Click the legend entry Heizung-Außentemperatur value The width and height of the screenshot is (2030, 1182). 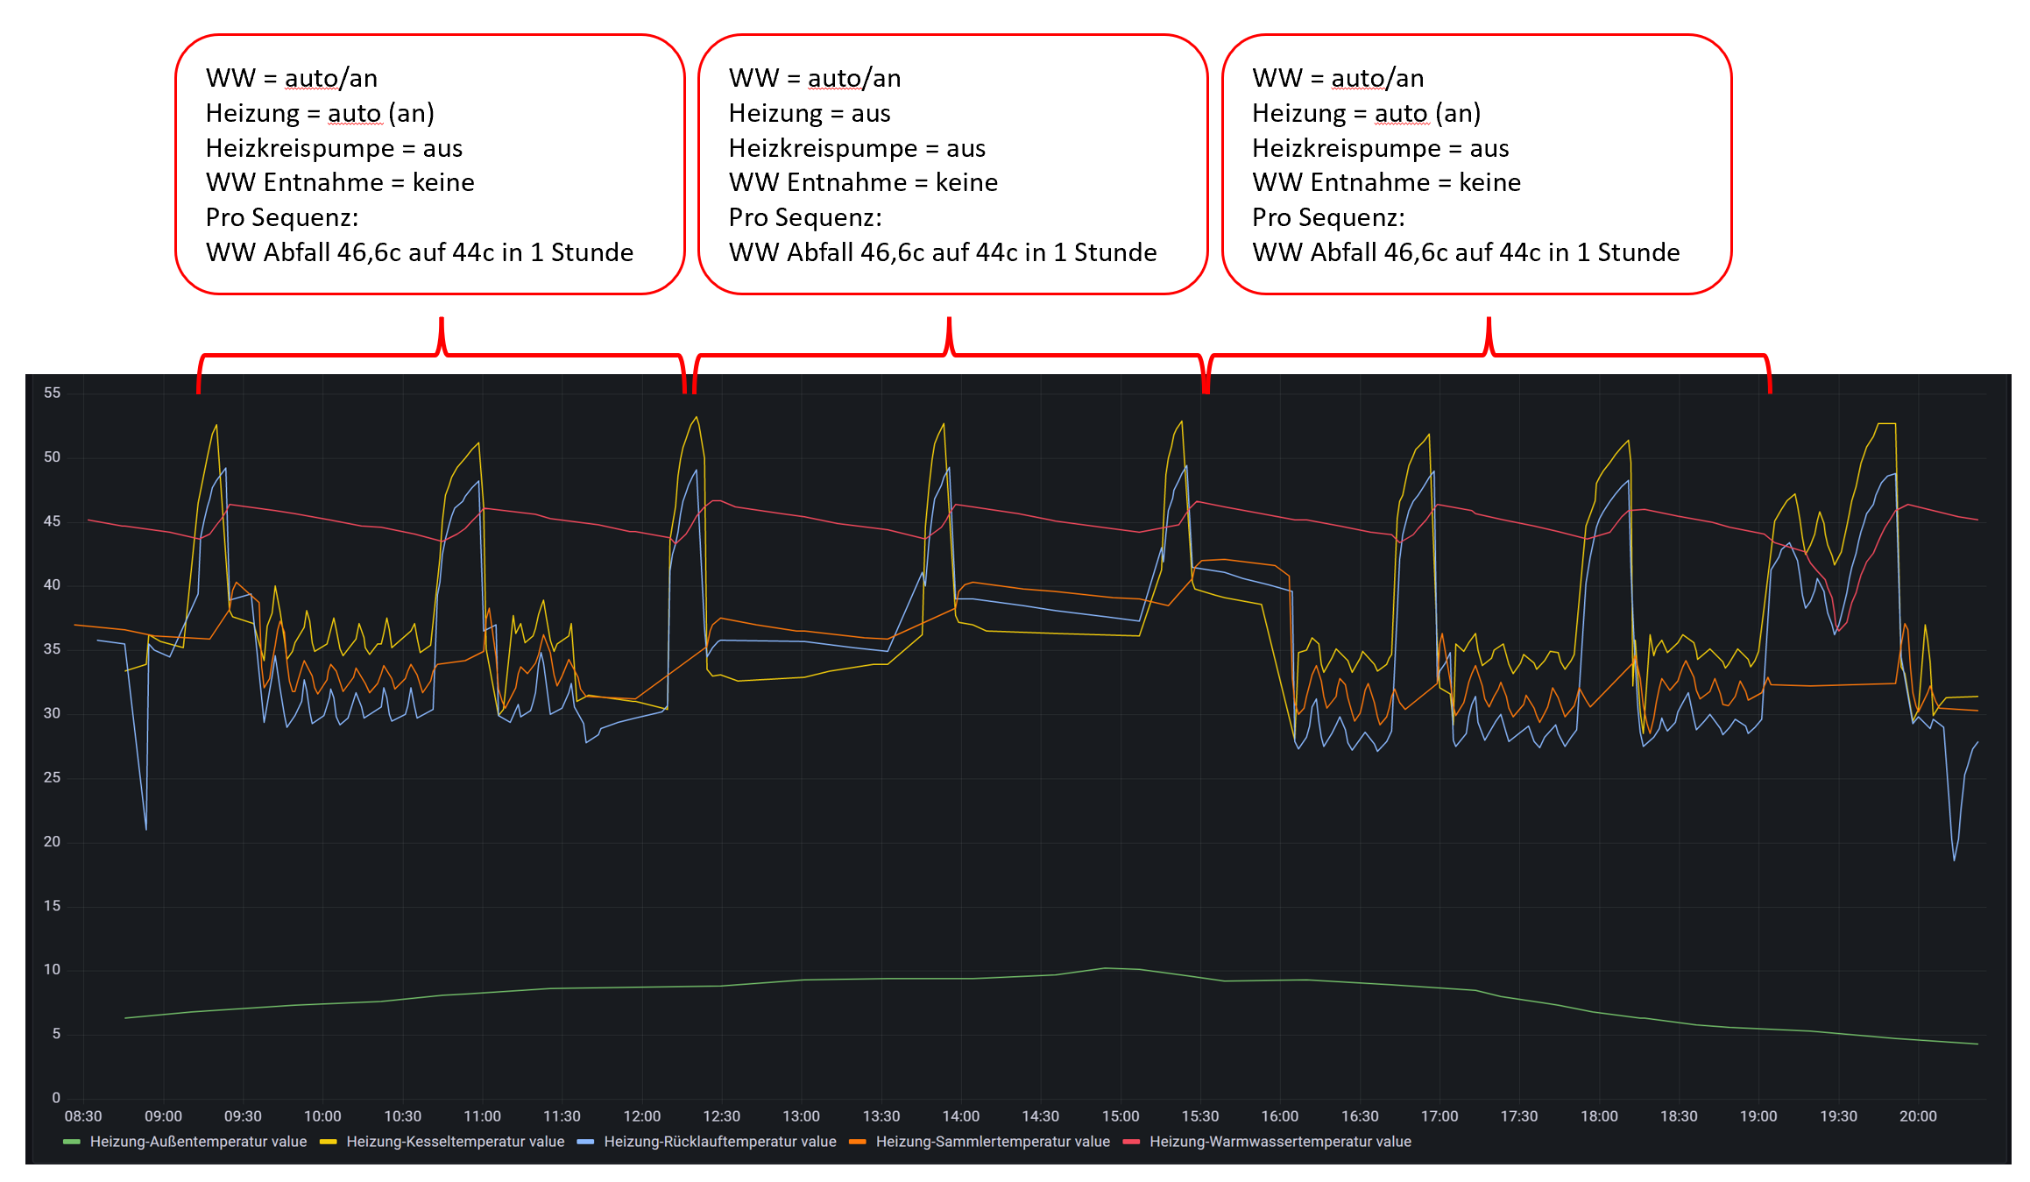pos(198,1142)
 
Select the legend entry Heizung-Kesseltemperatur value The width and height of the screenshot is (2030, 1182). pos(455,1142)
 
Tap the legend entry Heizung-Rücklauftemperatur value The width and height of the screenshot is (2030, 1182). pos(719,1142)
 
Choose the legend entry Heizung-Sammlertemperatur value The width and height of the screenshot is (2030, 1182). pos(992,1142)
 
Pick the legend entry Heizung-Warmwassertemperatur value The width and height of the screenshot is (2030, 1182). pos(1279,1142)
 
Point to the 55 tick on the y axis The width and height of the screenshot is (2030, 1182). pos(53,393)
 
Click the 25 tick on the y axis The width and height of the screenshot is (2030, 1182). pos(53,777)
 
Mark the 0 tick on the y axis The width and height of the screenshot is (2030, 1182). pos(56,1098)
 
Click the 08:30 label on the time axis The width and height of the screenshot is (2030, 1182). pos(83,1116)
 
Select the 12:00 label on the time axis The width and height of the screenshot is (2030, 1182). pos(641,1116)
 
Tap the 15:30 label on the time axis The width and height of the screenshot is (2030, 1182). pos(1199,1116)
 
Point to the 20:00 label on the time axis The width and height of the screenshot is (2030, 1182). pos(1917,1116)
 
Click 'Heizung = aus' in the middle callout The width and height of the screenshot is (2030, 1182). pos(809,113)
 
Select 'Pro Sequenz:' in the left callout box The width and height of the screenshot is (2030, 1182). pos(281,217)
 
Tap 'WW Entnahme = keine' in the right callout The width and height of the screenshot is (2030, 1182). pos(1386,182)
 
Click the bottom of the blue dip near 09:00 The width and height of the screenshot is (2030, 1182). pos(145,829)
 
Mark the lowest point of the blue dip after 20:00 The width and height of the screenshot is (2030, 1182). pos(1954,860)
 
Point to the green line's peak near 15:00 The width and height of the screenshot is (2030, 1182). pos(1104,968)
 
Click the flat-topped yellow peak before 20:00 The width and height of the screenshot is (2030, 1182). pos(1885,424)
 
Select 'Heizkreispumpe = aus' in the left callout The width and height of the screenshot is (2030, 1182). pos(334,148)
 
